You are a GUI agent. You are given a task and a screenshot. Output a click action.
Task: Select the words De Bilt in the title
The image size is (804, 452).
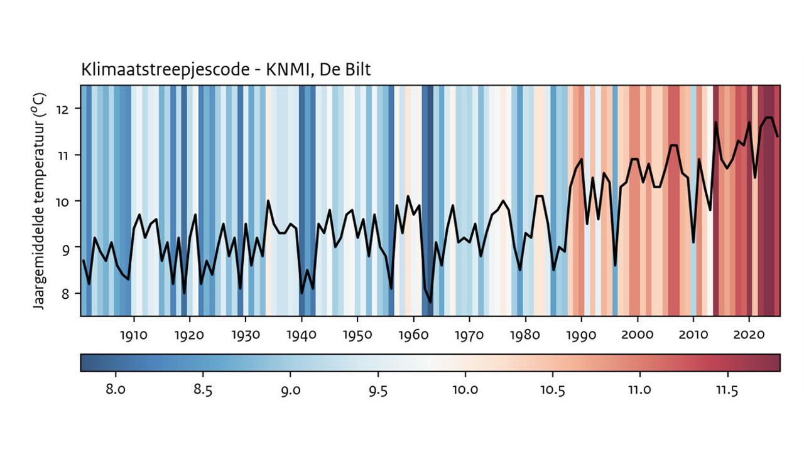coord(345,70)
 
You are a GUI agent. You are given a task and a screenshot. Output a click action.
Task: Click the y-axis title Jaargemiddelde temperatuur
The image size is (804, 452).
coord(39,207)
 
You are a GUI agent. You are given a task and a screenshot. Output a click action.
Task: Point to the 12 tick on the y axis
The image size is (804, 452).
coord(67,109)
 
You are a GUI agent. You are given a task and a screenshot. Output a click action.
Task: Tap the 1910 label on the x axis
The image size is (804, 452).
coord(133,335)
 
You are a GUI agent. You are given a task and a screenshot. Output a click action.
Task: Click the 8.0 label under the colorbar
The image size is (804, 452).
coord(115,390)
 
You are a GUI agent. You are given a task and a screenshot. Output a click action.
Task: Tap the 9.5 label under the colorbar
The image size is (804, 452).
coord(378,390)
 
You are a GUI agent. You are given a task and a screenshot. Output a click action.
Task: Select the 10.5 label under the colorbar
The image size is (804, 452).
coord(553,390)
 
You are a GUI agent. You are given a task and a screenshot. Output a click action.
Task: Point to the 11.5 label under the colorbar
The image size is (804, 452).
coord(727,390)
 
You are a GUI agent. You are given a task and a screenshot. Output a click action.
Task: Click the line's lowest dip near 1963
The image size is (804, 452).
coord(430,303)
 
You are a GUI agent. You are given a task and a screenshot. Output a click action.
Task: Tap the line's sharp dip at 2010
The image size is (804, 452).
coord(693,242)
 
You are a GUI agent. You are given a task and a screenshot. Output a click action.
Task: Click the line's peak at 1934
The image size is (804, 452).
coord(268,201)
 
